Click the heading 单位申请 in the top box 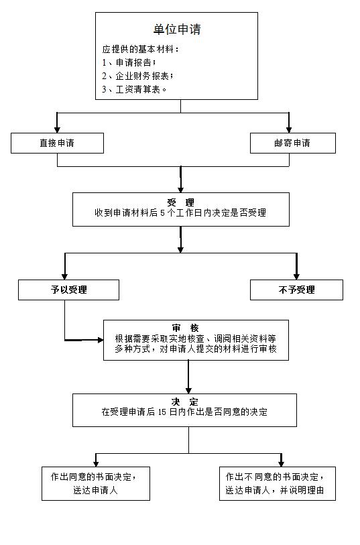click(x=177, y=29)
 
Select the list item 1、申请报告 click(x=129, y=62)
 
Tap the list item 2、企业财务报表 click(x=137, y=76)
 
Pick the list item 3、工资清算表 click(x=134, y=89)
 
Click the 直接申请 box click(x=58, y=143)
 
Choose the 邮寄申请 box click(x=293, y=143)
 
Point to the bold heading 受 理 click(x=181, y=202)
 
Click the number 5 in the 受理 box click(x=163, y=213)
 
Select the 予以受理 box click(x=69, y=290)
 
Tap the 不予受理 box click(x=296, y=290)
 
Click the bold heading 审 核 click(x=185, y=328)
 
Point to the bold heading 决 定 click(x=184, y=402)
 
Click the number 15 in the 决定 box click(x=162, y=412)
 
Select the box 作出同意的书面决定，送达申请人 click(x=96, y=483)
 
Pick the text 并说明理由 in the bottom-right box click(x=302, y=490)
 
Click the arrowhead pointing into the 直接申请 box click(x=58, y=129)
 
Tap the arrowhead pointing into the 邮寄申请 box click(x=289, y=129)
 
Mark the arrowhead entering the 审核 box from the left click(x=101, y=340)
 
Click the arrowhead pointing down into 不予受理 click(x=296, y=277)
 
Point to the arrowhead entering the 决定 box click(x=188, y=391)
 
